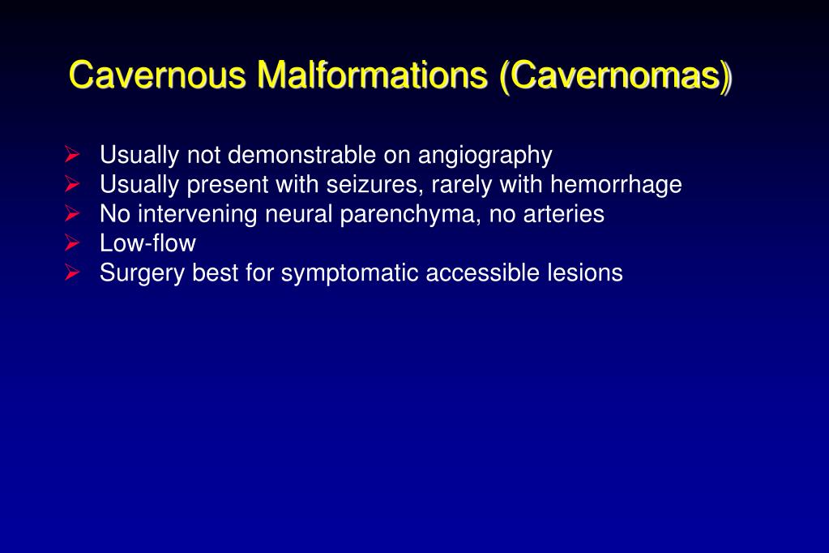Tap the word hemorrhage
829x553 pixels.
point(616,185)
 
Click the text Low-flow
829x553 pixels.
point(147,243)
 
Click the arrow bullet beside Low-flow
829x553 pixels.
point(72,242)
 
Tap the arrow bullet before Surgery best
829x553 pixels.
point(72,272)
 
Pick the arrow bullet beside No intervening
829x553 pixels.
point(72,213)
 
